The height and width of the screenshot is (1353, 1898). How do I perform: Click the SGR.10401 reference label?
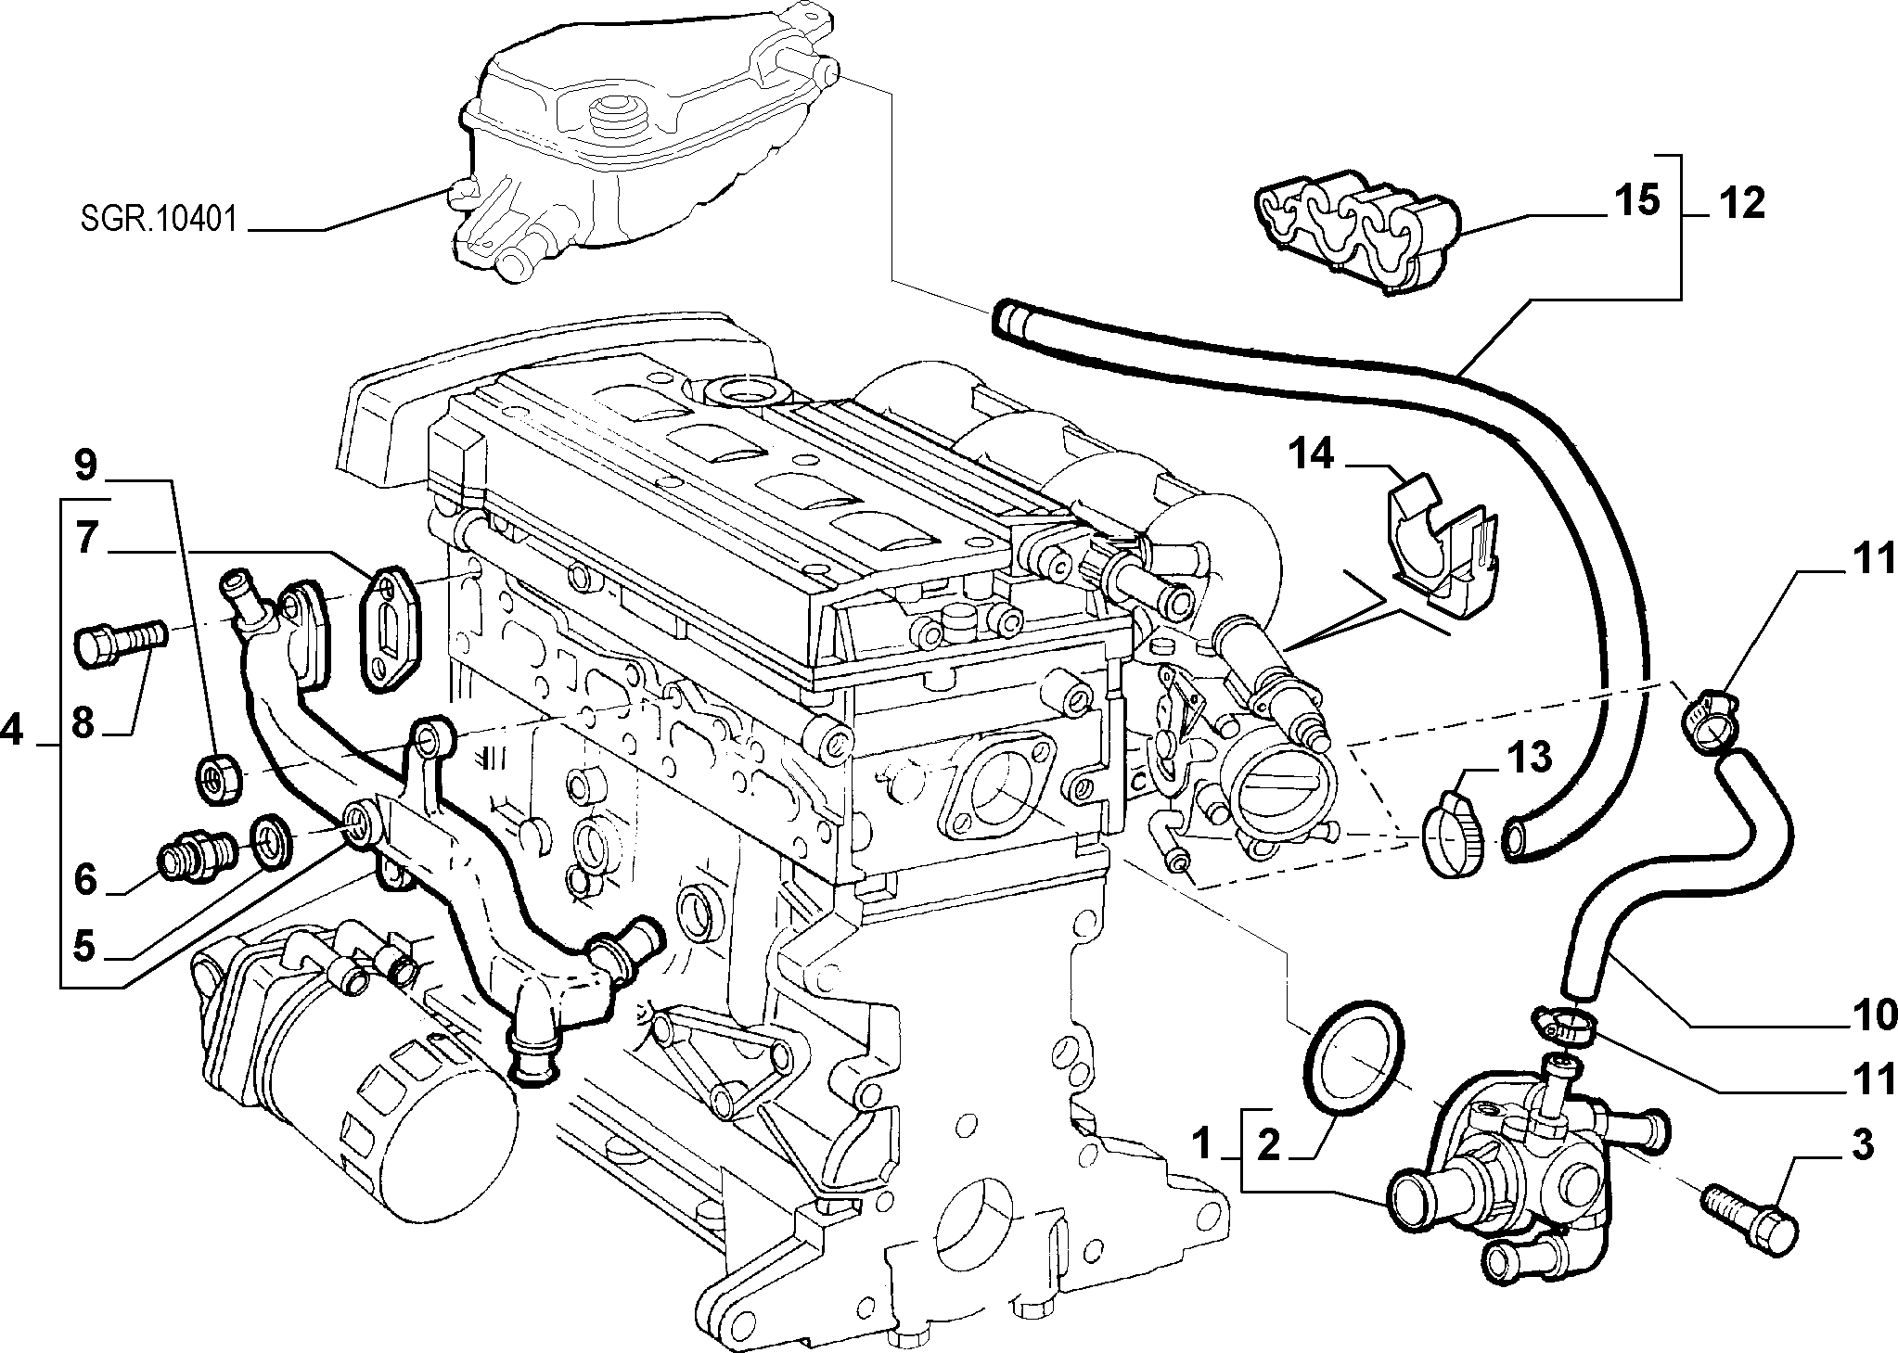coord(155,221)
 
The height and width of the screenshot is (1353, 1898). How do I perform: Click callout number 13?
coord(1528,759)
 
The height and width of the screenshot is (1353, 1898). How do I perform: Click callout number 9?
coord(84,466)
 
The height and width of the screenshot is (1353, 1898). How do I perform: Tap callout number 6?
coord(84,879)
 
